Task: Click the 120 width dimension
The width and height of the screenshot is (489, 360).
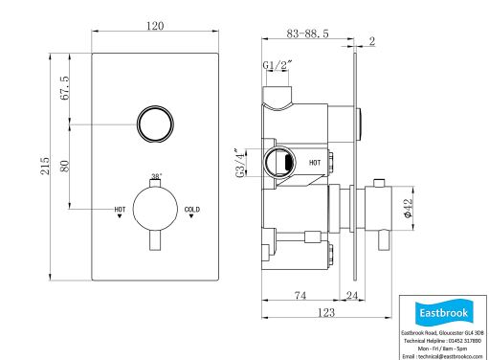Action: pyautogui.click(x=155, y=26)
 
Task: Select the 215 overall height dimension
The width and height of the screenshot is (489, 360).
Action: pyautogui.click(x=45, y=166)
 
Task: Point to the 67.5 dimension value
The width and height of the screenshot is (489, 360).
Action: pyautogui.click(x=64, y=88)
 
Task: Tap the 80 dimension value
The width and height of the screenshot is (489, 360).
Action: pyautogui.click(x=64, y=167)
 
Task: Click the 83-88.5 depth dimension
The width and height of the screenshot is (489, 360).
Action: pyautogui.click(x=307, y=34)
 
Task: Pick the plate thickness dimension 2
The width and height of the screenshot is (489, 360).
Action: pyautogui.click(x=372, y=41)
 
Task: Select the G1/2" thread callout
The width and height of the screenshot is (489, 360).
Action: pyautogui.click(x=278, y=65)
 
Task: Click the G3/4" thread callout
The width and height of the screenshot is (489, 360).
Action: pyautogui.click(x=240, y=163)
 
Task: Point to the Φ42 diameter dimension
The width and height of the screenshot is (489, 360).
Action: pyautogui.click(x=408, y=208)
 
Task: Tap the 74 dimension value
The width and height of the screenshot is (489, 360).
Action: pyautogui.click(x=300, y=296)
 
